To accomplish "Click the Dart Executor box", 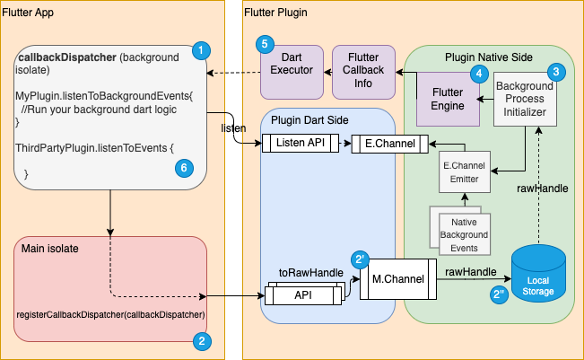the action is click(x=292, y=73).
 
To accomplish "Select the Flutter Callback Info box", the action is click(x=363, y=73).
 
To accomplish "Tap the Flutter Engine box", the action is click(x=448, y=99).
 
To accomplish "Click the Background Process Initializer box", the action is click(x=525, y=99).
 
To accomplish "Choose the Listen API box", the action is click(x=301, y=143).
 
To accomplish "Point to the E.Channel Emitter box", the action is click(x=465, y=171).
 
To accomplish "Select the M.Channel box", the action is click(x=398, y=279).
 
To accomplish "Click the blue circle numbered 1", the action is click(x=201, y=50).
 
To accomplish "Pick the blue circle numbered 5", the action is click(x=265, y=44).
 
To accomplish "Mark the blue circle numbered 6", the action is click(x=184, y=168).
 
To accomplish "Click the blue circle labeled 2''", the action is click(x=499, y=294).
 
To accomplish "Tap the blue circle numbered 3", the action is click(x=556, y=72).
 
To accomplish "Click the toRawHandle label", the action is click(x=311, y=273).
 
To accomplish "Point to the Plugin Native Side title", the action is click(x=489, y=57).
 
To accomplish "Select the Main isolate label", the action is click(x=50, y=249).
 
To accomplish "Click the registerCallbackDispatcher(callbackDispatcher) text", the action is click(x=110, y=314).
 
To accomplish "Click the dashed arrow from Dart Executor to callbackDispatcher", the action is click(x=233, y=73).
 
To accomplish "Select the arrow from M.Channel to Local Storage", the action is click(x=474, y=278).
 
